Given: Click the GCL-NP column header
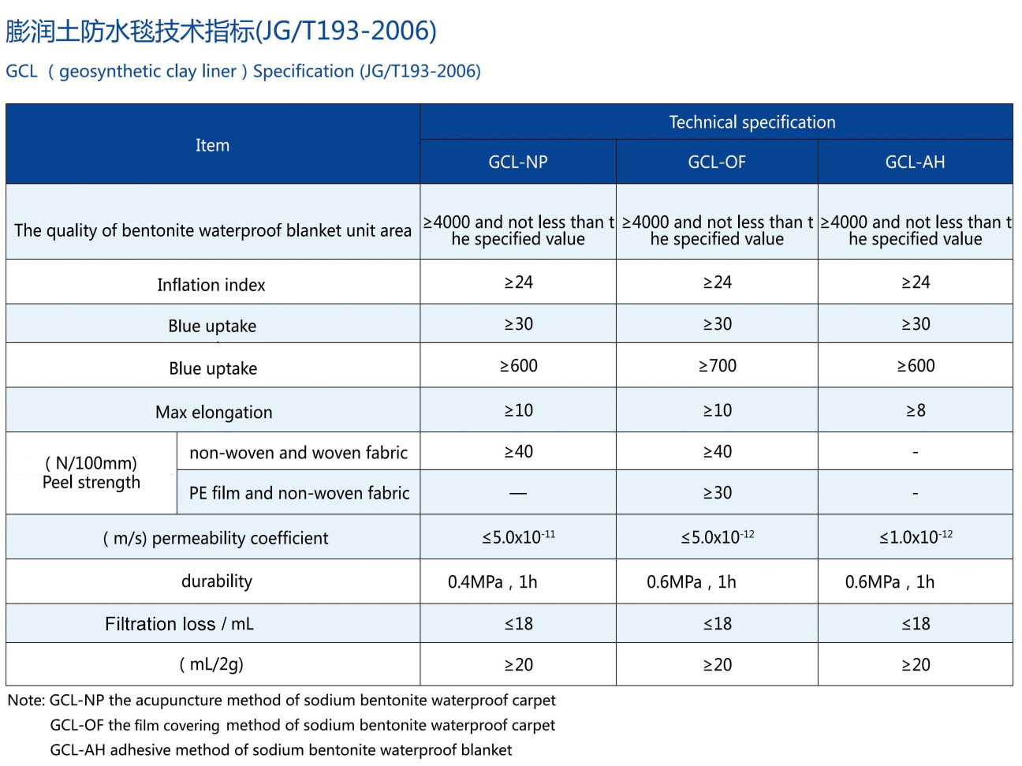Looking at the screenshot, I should pyautogui.click(x=517, y=162).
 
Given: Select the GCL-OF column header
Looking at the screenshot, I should pyautogui.click(x=716, y=162).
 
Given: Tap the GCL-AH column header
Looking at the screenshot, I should pyautogui.click(x=915, y=162).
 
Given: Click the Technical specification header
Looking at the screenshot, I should pyautogui.click(x=752, y=122).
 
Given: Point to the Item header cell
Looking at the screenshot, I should pyautogui.click(x=212, y=145).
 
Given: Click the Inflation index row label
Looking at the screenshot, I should pyautogui.click(x=211, y=285).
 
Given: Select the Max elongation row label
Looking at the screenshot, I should pyautogui.click(x=214, y=412).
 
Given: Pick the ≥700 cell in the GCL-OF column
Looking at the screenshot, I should pyautogui.click(x=717, y=366).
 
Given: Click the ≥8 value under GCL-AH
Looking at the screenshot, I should pyautogui.click(x=915, y=410).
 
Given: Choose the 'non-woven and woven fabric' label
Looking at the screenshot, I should pyautogui.click(x=298, y=453).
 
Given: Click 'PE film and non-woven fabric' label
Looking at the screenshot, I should pyautogui.click(x=299, y=493).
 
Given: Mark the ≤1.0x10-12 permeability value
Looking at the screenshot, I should pyautogui.click(x=916, y=537).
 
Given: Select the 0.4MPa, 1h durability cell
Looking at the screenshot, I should pyautogui.click(x=492, y=582).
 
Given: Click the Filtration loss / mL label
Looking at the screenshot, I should pyautogui.click(x=179, y=624).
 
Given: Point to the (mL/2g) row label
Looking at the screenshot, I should pyautogui.click(x=211, y=664).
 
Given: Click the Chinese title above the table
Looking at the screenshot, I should pyautogui.click(x=221, y=31).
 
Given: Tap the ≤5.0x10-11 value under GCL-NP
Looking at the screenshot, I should pyautogui.click(x=518, y=537).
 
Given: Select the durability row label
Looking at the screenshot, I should pyautogui.click(x=217, y=581).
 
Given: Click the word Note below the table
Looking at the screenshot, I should pyautogui.click(x=25, y=701).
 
